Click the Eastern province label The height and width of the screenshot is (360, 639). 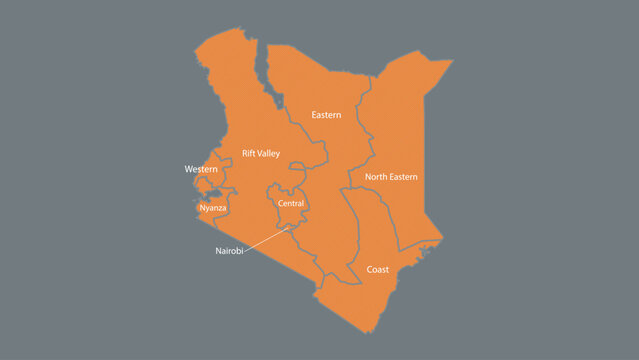coord(326,115)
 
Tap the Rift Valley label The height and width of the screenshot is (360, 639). coord(261,153)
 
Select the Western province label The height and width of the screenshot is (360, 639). coord(201,170)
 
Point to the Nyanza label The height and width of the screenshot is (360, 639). coord(213,208)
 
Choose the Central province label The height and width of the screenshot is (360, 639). coord(291,203)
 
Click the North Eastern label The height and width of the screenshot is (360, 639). coord(391,177)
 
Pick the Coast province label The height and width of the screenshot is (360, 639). coord(378,270)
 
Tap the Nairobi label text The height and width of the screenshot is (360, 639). coord(229,250)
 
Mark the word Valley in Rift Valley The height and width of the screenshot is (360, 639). coord(269,153)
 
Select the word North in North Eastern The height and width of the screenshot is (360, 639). coord(376,177)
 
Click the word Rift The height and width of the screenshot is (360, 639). coord(249,153)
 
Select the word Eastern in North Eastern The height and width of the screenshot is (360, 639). coord(404,177)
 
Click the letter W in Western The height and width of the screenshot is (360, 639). coord(189,170)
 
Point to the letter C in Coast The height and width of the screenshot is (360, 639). coord(369,270)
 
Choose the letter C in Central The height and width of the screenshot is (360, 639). coord(280,203)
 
